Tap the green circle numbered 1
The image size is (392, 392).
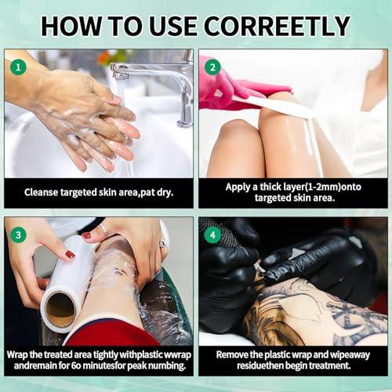pyautogui.click(x=18, y=67)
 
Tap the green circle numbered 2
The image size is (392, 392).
pyautogui.click(x=212, y=67)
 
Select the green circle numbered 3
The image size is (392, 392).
pyautogui.click(x=18, y=233)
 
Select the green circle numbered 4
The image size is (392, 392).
pyautogui.click(x=212, y=233)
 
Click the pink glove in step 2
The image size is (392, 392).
pyautogui.click(x=227, y=86)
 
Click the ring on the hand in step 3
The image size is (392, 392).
pyautogui.click(x=103, y=229)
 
